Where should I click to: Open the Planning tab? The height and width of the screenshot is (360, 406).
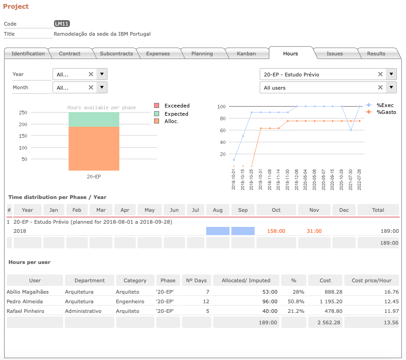point(202,54)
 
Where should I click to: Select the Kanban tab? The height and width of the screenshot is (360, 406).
point(246,54)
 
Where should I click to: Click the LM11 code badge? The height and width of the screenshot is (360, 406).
point(62,24)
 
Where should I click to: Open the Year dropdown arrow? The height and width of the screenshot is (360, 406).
point(102,74)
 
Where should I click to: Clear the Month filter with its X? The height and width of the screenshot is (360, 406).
point(91,87)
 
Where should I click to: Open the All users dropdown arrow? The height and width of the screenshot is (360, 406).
point(391,87)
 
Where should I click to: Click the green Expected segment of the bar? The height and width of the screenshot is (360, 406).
point(94,119)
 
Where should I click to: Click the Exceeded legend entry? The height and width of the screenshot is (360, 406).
point(172,106)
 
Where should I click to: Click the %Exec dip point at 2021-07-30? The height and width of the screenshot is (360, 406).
point(351,130)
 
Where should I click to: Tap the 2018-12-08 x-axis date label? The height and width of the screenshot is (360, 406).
point(296,180)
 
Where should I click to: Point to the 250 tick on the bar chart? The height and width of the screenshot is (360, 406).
point(23,113)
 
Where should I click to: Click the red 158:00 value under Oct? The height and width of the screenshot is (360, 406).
point(276,231)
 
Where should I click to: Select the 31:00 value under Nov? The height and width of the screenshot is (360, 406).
point(314,231)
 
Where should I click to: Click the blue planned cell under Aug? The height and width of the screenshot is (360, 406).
point(218,231)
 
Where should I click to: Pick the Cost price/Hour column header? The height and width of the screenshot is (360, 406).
point(372,280)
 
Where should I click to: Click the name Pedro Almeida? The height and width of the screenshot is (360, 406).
point(25,301)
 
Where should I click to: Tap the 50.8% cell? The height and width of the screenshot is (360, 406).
point(296,301)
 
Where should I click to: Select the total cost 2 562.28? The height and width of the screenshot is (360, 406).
point(329,322)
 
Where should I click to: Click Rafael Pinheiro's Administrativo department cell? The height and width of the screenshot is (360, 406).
point(83,311)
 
